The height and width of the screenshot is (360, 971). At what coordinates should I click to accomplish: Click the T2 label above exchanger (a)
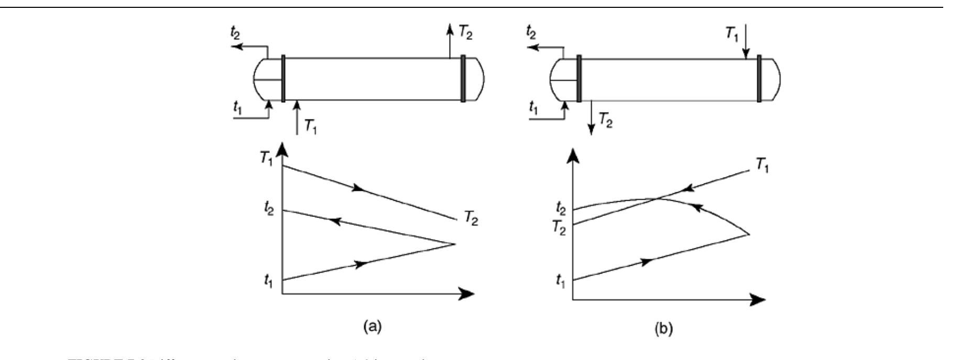pyautogui.click(x=468, y=31)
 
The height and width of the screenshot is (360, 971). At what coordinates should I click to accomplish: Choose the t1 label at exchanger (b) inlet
pyautogui.click(x=533, y=109)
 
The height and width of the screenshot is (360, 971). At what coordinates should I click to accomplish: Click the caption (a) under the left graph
pyautogui.click(x=373, y=328)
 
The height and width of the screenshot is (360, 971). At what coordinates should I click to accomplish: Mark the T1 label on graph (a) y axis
pyautogui.click(x=269, y=160)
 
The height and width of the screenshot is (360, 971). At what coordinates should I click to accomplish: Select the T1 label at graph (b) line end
pyautogui.click(x=762, y=167)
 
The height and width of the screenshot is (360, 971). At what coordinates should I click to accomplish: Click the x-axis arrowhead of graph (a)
pyautogui.click(x=466, y=293)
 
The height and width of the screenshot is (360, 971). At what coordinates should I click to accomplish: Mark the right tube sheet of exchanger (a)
pyautogui.click(x=463, y=79)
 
